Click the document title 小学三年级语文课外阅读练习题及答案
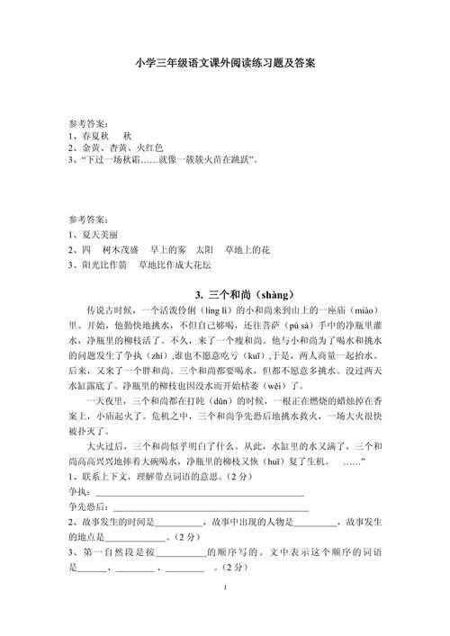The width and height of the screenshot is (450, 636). point(225,64)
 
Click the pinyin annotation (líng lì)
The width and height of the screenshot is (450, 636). point(184,310)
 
